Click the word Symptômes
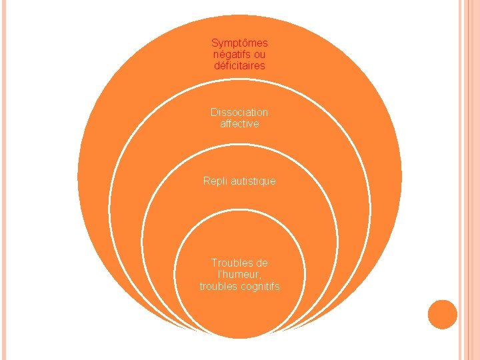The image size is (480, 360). point(239,43)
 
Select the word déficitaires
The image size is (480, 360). point(239,66)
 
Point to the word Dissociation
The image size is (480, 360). point(239,113)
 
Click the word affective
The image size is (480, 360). point(239,124)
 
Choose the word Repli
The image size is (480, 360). point(215,181)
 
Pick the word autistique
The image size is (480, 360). point(252,181)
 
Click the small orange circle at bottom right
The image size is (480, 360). point(443,314)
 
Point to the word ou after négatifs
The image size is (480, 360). point(260,55)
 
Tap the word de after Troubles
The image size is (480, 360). point(261,263)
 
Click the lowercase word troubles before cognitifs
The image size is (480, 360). point(217,286)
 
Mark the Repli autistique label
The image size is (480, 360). point(239,181)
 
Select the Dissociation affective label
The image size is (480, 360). point(239,118)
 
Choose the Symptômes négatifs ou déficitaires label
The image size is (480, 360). point(239,55)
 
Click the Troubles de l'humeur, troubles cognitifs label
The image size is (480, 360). point(239,275)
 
